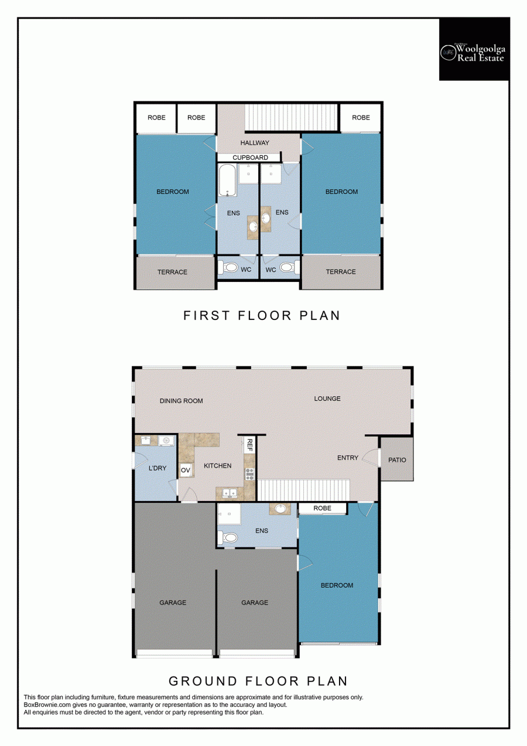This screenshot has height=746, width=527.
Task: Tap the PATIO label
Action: click(397, 460)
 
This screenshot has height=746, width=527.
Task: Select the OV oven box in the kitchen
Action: click(186, 470)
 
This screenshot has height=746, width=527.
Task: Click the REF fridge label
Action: click(249, 445)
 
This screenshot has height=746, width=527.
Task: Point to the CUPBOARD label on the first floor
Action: click(250, 158)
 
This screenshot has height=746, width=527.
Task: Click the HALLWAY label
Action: click(255, 143)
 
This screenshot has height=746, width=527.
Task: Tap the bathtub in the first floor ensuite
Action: click(228, 180)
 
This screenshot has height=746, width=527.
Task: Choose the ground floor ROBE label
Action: click(323, 508)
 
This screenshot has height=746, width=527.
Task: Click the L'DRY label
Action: click(158, 468)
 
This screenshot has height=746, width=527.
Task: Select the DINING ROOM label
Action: click(182, 401)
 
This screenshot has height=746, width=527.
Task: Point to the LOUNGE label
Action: click(327, 398)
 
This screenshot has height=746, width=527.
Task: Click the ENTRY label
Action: click(348, 458)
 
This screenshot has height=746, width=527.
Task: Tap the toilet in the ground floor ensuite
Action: click(228, 537)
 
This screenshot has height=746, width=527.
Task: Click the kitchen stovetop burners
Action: click(249, 474)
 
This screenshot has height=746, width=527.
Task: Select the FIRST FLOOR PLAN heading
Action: click(262, 315)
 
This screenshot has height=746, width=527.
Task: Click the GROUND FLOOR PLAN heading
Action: click(258, 681)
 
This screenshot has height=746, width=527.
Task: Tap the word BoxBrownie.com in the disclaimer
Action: click(47, 705)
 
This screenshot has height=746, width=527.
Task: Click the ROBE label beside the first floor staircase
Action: click(361, 118)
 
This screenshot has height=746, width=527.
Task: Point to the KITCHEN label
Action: click(218, 466)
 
